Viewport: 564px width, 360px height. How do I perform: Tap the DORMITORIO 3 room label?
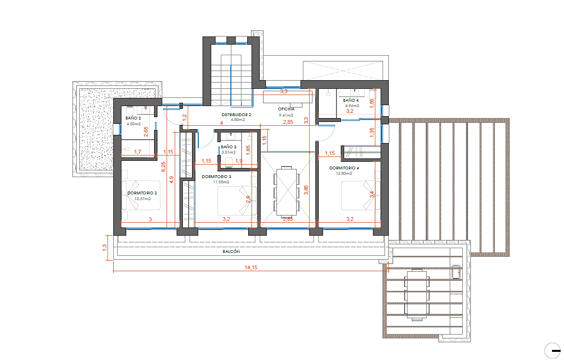[x=216, y=177]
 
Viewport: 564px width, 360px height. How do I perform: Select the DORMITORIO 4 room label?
[x=344, y=168]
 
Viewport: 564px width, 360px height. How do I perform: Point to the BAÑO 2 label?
[x=133, y=118]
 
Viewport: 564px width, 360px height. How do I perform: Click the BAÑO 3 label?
[x=228, y=147]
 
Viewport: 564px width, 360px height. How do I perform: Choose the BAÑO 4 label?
[x=351, y=100]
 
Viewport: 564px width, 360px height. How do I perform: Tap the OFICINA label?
[x=286, y=109]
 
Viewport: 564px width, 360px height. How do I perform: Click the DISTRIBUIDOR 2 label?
[x=236, y=115]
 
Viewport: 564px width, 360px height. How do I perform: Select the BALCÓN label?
[x=231, y=252]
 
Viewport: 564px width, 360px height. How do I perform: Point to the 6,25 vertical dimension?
[x=163, y=167]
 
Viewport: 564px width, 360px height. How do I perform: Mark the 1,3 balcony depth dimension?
[x=105, y=248]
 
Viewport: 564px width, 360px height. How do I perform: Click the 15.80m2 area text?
[x=344, y=173]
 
